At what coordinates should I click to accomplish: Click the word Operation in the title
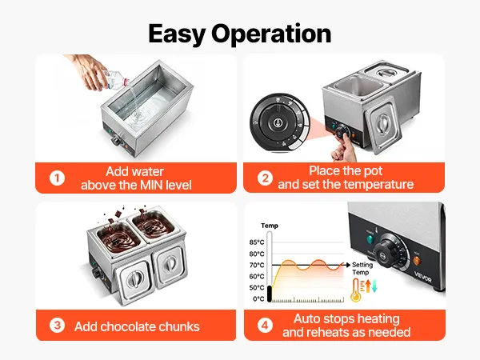pyautogui.click(x=271, y=34)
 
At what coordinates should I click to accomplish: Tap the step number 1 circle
pyautogui.click(x=57, y=178)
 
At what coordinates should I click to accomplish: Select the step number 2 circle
pyautogui.click(x=265, y=178)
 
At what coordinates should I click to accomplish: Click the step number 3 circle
pyautogui.click(x=57, y=326)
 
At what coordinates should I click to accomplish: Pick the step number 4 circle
pyautogui.click(x=265, y=325)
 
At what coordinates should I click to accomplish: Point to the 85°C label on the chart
pyautogui.click(x=257, y=242)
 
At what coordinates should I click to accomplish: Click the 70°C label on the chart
pyautogui.click(x=257, y=265)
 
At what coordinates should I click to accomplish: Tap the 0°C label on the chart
pyautogui.click(x=258, y=299)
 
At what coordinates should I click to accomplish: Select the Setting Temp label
pyautogui.click(x=362, y=269)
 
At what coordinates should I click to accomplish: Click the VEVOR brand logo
pyautogui.click(x=423, y=277)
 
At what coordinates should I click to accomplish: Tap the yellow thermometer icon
pyautogui.click(x=356, y=290)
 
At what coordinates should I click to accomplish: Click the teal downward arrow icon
pyautogui.click(x=374, y=286)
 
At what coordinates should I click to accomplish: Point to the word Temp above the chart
pyautogui.click(x=270, y=226)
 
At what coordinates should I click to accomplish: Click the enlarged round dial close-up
pyautogui.click(x=280, y=122)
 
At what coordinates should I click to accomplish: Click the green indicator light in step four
pyautogui.click(x=370, y=240)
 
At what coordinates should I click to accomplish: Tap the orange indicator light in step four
pyautogui.click(x=417, y=261)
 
